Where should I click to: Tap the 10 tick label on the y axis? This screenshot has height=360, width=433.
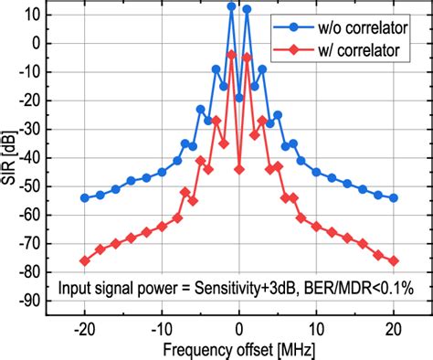[34, 14]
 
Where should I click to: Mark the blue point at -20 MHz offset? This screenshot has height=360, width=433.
[85, 197]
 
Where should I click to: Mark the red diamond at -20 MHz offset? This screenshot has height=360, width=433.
[85, 260]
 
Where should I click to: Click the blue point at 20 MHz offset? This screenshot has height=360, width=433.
[394, 197]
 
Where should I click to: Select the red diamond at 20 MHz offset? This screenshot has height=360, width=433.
[394, 260]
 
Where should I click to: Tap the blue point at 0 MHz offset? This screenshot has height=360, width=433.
[239, 98]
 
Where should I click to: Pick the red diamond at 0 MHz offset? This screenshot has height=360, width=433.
[239, 169]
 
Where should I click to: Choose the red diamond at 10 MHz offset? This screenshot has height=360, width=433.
[316, 226]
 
